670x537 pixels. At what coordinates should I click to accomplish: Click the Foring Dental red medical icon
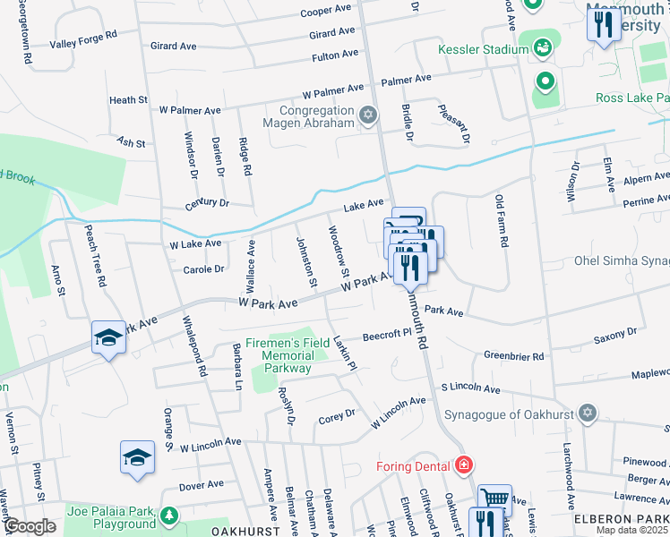[x=463, y=465]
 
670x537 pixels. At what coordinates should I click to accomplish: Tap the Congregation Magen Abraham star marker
[x=366, y=115]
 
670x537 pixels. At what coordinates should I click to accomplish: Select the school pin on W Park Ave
[x=108, y=337]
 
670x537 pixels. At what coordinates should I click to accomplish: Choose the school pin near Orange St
[x=137, y=457]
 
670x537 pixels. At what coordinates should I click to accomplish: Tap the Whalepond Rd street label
[x=194, y=345]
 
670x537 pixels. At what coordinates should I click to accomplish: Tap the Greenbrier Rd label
[x=514, y=356]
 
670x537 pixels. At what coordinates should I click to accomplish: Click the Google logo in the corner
[x=29, y=526]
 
